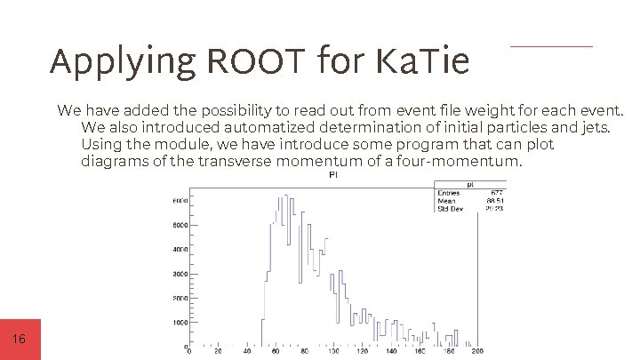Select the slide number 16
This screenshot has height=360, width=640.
20,340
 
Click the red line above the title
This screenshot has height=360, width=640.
551,46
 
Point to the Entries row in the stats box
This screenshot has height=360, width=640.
457,192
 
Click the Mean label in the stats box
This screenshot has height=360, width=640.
447,201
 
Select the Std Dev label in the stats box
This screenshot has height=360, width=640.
451,209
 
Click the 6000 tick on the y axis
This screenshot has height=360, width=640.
178,202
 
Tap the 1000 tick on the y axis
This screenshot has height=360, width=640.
178,322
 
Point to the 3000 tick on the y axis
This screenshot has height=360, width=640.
178,274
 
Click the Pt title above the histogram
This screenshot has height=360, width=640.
333,175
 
